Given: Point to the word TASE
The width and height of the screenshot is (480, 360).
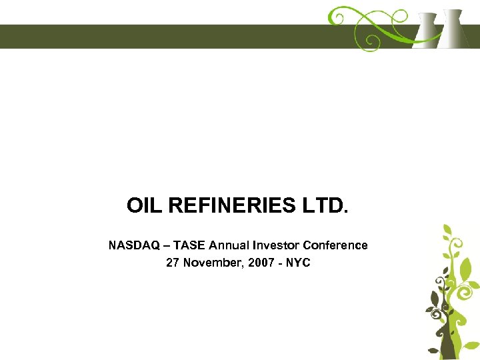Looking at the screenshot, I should click(191, 245).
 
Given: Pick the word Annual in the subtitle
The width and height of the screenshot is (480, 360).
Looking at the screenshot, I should click(237, 245).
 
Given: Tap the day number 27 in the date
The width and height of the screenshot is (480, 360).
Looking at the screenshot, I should click(173, 263).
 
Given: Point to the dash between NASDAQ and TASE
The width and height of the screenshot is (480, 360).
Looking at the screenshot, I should click(167, 245).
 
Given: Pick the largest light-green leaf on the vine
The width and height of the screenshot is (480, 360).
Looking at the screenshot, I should click(466, 270).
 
